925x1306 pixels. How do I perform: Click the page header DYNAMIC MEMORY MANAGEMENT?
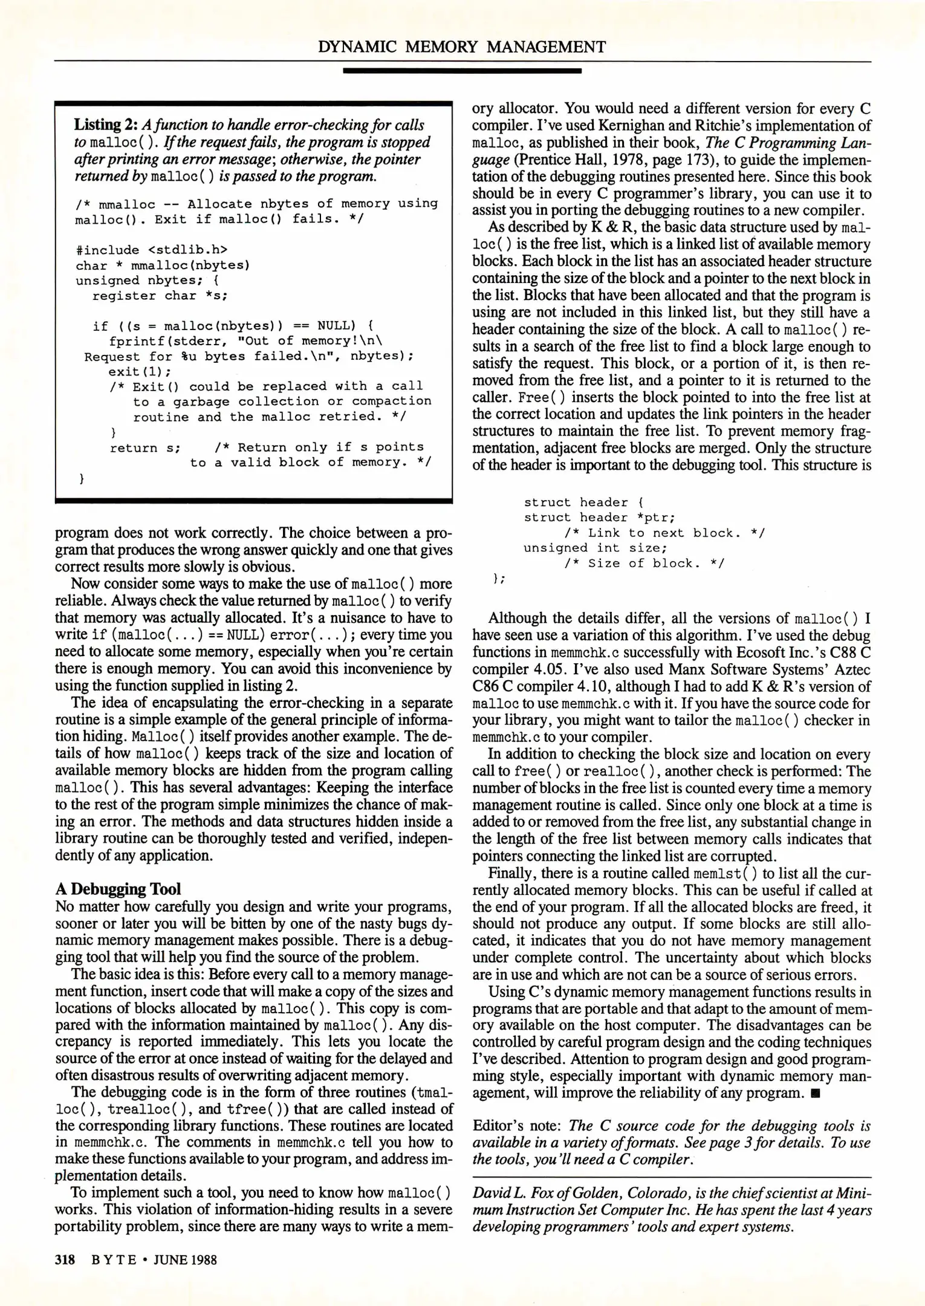tap(462, 47)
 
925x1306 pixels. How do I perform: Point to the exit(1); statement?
tap(140, 371)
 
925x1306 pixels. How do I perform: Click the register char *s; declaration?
tap(160, 296)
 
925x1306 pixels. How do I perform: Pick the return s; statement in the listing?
tap(145, 447)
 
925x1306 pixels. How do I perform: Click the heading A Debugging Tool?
tap(118, 889)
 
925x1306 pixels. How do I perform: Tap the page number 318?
tap(65, 1259)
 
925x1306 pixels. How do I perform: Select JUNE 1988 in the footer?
tap(184, 1259)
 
